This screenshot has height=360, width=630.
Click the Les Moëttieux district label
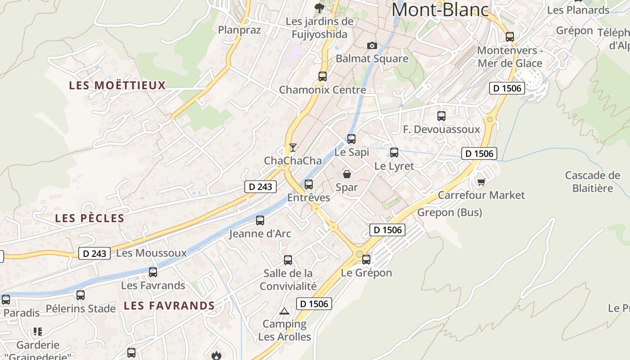point(117,85)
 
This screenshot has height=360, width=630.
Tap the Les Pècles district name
point(90,218)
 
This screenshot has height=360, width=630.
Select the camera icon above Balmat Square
point(372,45)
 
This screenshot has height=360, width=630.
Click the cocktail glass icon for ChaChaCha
point(293,147)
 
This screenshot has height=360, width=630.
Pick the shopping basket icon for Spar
point(347,174)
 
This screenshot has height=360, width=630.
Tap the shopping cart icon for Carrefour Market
point(481,181)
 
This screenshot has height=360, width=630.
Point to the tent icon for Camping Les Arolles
point(284,311)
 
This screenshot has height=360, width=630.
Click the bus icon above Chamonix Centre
point(323,76)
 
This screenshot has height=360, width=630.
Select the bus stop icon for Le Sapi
point(351,139)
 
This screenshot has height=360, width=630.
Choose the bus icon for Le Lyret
point(394,153)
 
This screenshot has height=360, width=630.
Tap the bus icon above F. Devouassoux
point(441,116)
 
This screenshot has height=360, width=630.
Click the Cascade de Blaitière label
point(593,181)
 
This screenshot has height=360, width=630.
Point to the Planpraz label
point(239,30)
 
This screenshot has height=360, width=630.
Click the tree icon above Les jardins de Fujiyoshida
point(319,8)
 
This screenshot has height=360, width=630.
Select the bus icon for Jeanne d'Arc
point(260,220)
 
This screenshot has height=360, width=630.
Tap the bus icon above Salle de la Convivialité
point(288,260)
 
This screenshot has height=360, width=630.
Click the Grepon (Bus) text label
point(450,212)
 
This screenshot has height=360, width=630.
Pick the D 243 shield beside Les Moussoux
point(95,253)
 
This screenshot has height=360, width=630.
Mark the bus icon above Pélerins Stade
point(81,295)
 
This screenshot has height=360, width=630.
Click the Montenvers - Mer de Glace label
point(510,57)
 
